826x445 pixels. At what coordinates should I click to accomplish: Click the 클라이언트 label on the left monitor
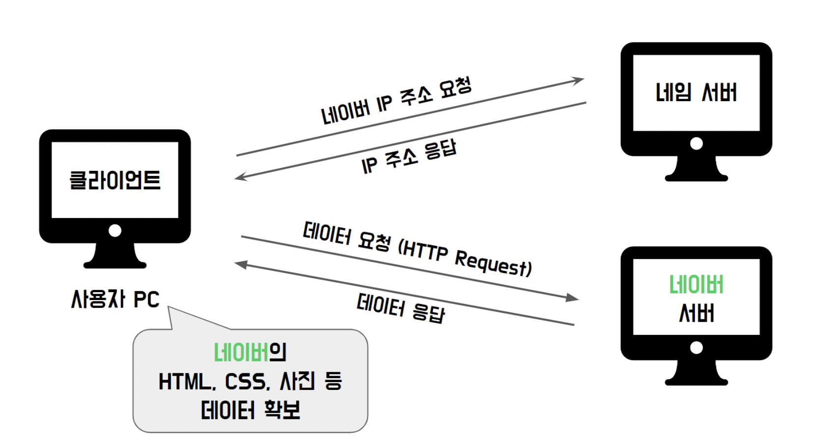coord(115,180)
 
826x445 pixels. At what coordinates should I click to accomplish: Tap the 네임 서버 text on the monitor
coord(696,92)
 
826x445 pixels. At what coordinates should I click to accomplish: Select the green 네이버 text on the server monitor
coord(696,285)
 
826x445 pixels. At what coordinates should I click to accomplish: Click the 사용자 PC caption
coord(115,299)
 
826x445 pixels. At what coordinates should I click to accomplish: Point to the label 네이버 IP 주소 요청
coord(396,101)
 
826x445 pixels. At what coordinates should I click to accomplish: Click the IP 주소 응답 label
coord(409,157)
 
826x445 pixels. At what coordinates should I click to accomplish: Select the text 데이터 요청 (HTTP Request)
coord(417,250)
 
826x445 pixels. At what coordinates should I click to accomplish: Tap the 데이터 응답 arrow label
coord(400,308)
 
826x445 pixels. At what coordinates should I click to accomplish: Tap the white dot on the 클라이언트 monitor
coord(115,230)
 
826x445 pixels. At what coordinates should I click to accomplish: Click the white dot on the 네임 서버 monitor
coord(696,143)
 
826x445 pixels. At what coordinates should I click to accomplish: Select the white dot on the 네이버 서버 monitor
coord(696,348)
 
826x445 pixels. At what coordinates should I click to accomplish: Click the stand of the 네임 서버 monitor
coord(696,169)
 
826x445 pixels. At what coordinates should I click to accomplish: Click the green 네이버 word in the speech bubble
coord(241,353)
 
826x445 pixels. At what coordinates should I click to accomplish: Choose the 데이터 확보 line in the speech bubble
coord(250,410)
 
